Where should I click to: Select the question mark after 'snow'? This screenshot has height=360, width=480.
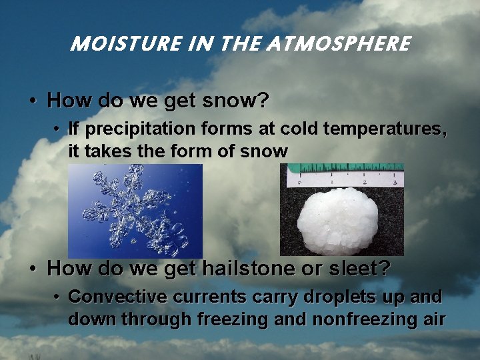click(263, 101)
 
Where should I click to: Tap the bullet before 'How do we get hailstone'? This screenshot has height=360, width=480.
click(32, 269)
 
